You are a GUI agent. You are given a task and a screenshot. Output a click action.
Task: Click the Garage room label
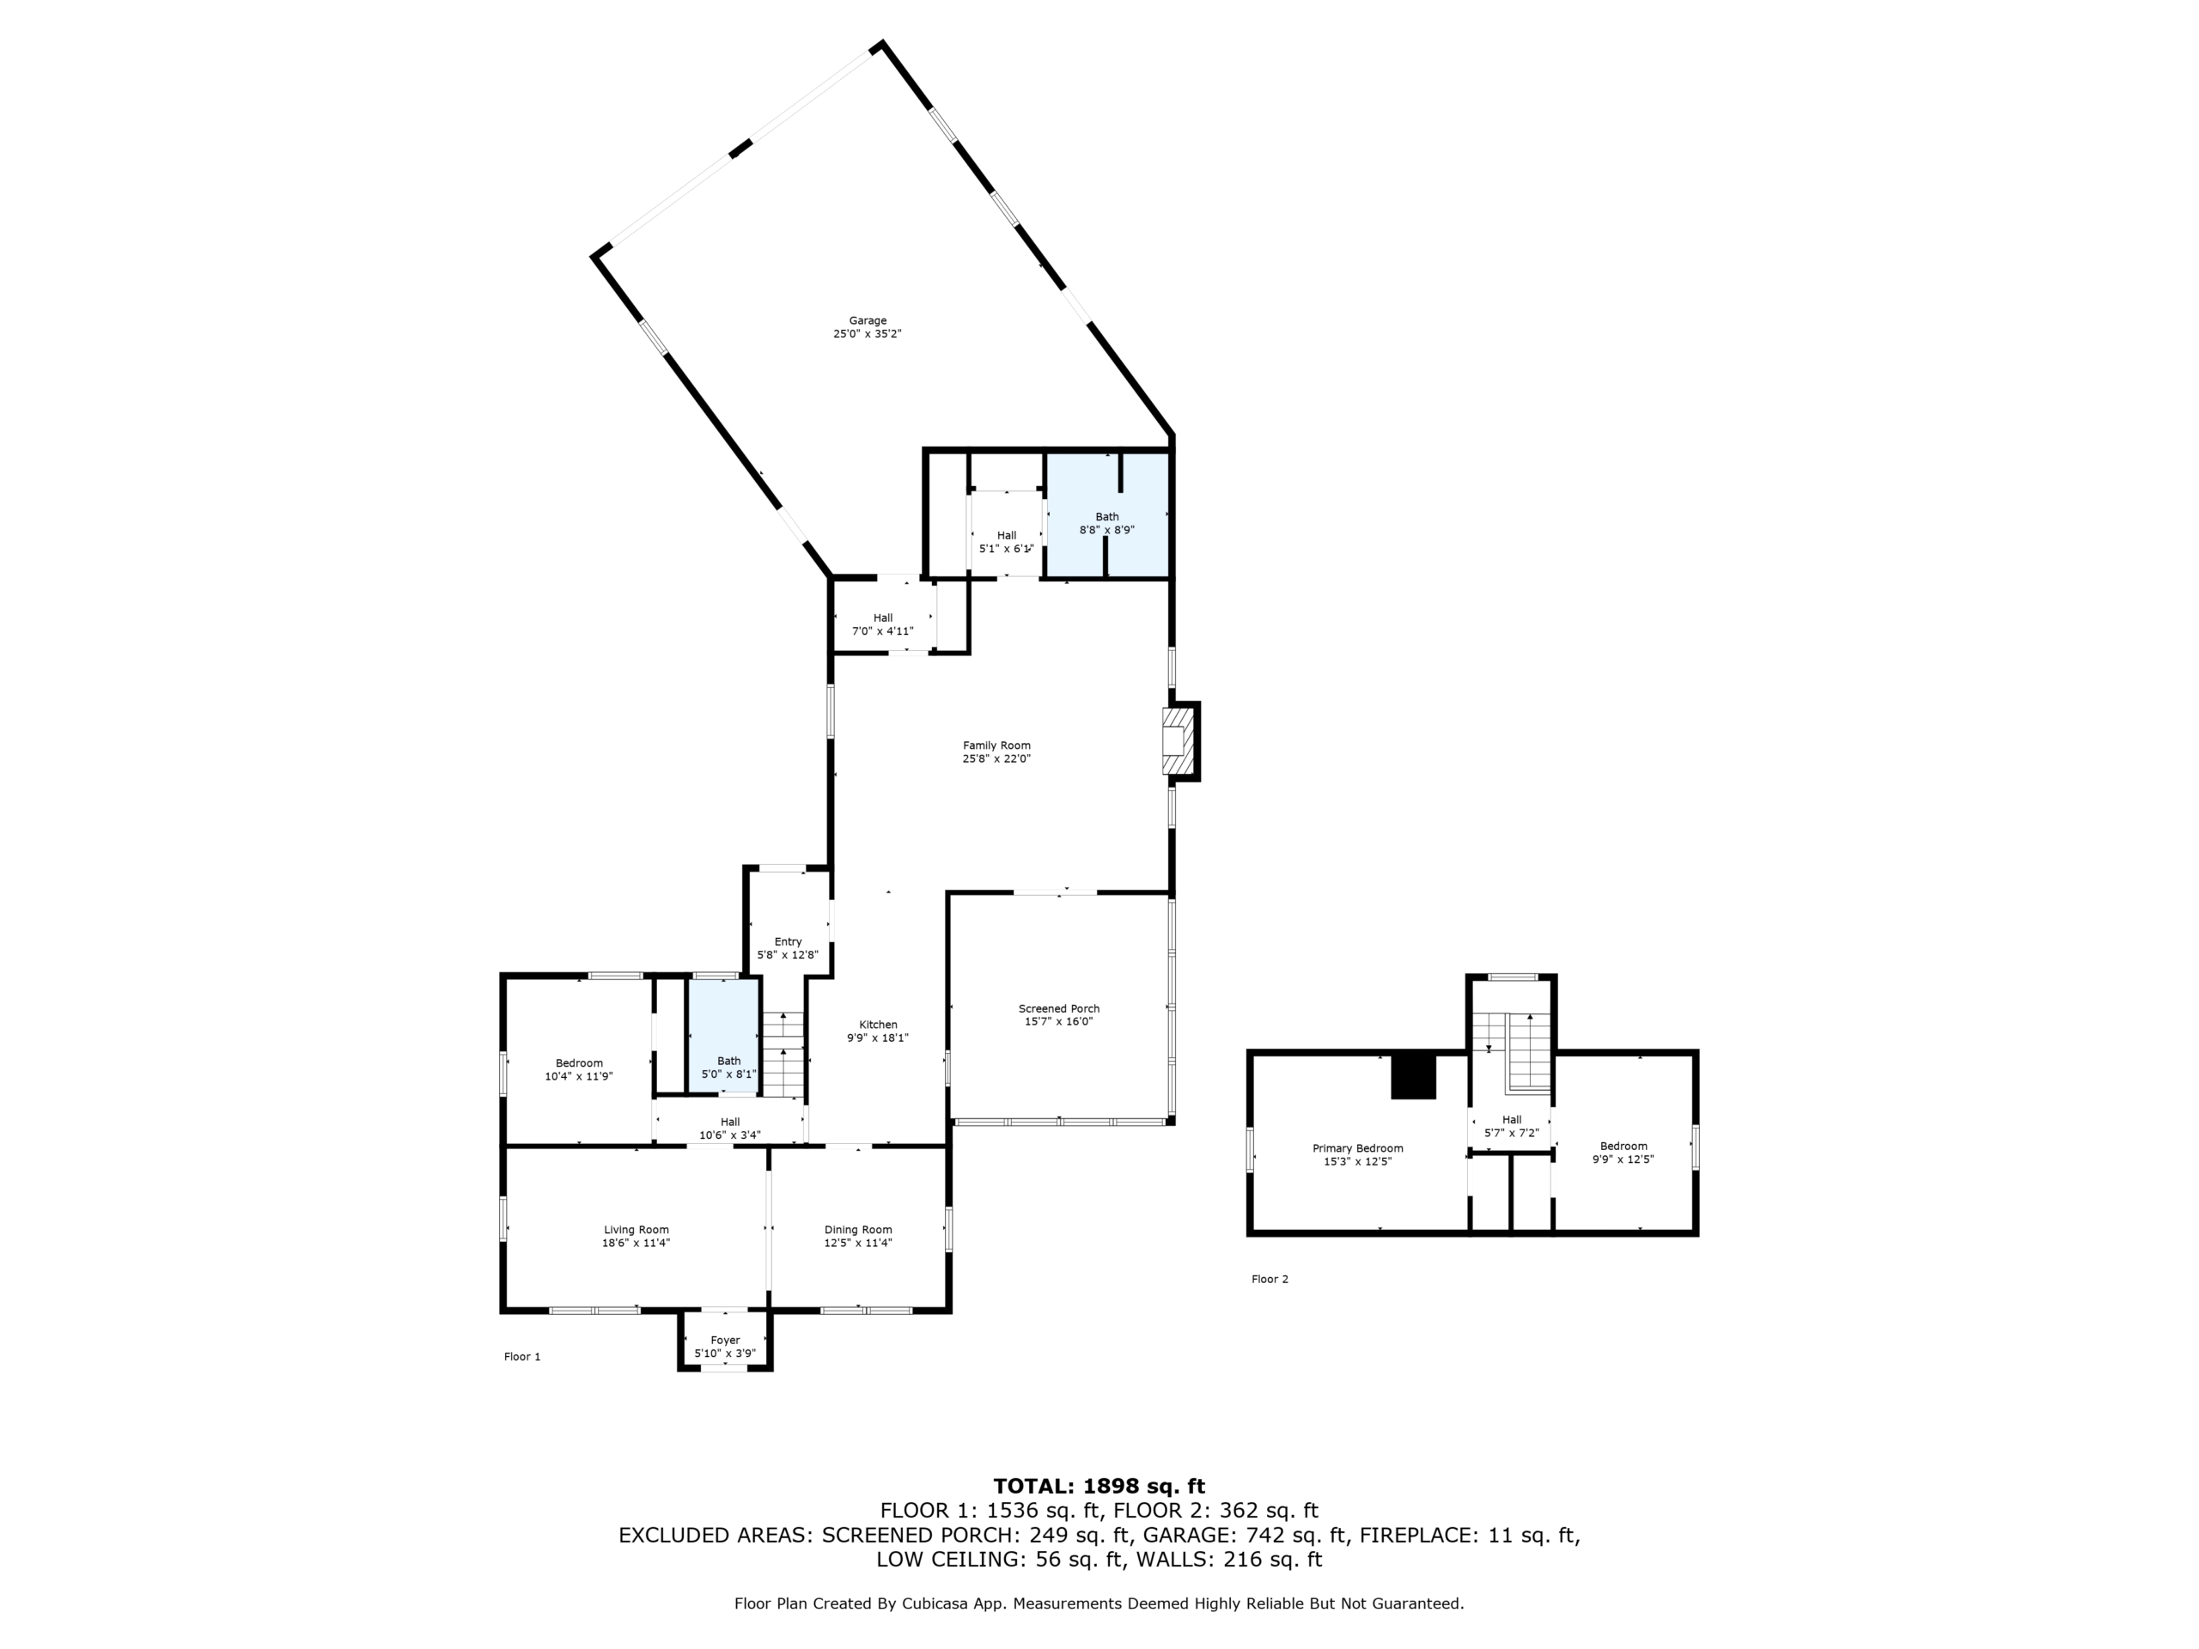(867, 321)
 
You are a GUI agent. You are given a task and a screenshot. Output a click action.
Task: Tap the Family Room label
(996, 745)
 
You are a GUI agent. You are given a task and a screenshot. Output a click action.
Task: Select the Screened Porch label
(1059, 1009)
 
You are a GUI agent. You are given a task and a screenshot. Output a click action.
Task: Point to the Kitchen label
(878, 1025)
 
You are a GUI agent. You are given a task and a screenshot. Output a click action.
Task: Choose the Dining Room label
(858, 1230)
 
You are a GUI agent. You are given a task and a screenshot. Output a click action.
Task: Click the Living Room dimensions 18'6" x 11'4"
(637, 1243)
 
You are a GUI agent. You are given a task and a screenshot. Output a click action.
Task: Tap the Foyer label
(725, 1340)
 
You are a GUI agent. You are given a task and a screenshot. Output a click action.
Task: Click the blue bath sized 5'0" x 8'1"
(724, 1037)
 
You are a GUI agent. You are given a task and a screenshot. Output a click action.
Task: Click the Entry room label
(788, 941)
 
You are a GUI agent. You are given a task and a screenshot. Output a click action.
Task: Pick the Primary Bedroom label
(1357, 1148)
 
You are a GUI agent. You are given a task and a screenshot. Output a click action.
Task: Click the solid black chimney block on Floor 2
(1413, 1076)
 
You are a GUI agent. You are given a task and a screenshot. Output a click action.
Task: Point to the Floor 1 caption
(522, 1357)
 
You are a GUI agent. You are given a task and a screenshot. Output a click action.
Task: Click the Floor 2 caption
(1270, 1279)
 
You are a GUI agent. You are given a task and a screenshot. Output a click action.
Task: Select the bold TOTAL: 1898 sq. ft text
(1099, 1486)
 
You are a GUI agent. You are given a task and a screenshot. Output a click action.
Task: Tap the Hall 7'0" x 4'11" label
(883, 624)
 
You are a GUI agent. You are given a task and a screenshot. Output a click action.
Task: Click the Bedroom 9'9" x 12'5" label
(1623, 1152)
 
